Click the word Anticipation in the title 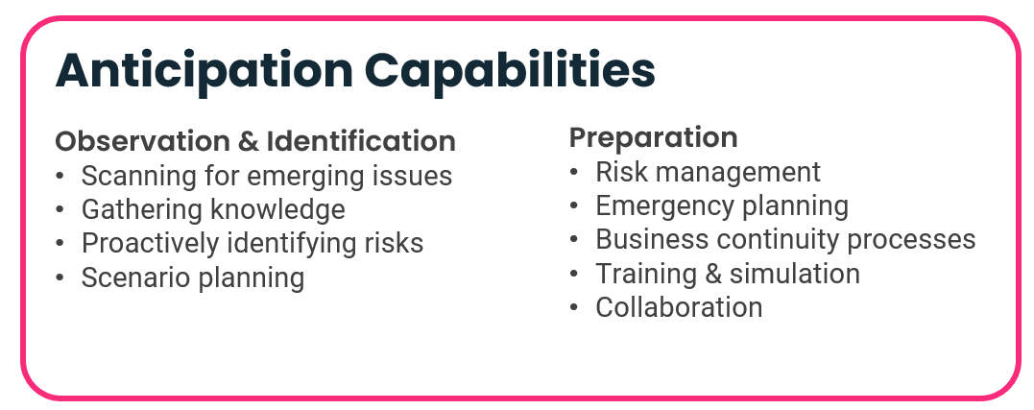pos(204,71)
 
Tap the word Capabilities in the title pos(510,71)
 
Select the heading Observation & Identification pos(255,141)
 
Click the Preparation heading pos(653,138)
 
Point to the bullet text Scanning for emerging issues pos(266,176)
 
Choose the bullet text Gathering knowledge pos(213,209)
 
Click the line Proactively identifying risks pos(252,243)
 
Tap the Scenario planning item pos(193,277)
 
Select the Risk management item pos(708,172)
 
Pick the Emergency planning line pos(722,206)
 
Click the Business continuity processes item pos(785,239)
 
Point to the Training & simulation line pos(728,274)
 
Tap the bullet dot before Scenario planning pos(60,277)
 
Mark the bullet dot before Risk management pos(574,173)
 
